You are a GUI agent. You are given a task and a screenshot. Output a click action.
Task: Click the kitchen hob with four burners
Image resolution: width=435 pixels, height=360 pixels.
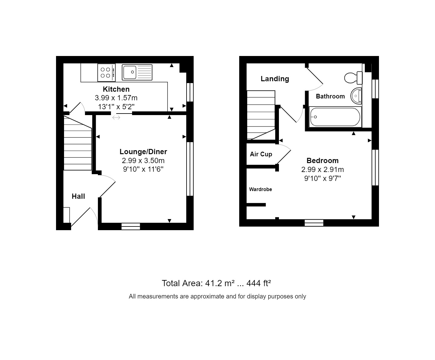[x=106, y=73]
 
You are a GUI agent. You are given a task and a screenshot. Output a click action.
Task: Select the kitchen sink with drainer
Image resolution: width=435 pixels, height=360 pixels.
[x=137, y=72]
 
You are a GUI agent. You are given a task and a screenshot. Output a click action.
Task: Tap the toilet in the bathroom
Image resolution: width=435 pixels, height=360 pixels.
[x=353, y=78]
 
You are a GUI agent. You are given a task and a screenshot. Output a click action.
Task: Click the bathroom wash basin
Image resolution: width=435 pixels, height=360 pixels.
[x=356, y=96]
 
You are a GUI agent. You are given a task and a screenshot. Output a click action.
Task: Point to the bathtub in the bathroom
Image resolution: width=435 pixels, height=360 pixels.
[x=335, y=117]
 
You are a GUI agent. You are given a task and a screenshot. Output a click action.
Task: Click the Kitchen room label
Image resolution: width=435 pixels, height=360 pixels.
[x=116, y=89]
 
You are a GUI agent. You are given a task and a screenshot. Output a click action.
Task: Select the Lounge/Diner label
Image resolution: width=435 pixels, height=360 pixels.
[x=143, y=152]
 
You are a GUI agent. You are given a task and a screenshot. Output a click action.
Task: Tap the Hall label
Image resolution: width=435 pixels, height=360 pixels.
[x=78, y=196]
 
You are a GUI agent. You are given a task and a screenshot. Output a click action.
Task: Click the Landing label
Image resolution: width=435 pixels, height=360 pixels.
[x=275, y=79]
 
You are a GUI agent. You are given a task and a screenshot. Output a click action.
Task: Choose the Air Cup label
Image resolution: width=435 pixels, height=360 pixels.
[x=261, y=154]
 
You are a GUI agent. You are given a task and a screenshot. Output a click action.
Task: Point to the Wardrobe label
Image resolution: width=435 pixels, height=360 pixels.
[x=260, y=190]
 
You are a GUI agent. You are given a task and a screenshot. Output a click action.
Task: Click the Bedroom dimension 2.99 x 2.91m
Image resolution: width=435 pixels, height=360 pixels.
[x=322, y=170]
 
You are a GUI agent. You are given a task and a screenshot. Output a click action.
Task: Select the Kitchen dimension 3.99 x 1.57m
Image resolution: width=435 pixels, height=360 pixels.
[x=116, y=98]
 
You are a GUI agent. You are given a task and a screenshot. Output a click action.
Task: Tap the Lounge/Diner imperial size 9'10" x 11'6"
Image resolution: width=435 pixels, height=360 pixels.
[x=143, y=169]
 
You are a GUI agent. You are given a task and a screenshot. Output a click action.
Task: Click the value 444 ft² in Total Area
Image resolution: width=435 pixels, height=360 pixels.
[x=259, y=283]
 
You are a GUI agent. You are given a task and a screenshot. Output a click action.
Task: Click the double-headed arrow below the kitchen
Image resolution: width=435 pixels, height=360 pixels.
[x=116, y=117]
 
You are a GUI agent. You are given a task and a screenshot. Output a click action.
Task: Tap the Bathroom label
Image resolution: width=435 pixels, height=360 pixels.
[x=330, y=96]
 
